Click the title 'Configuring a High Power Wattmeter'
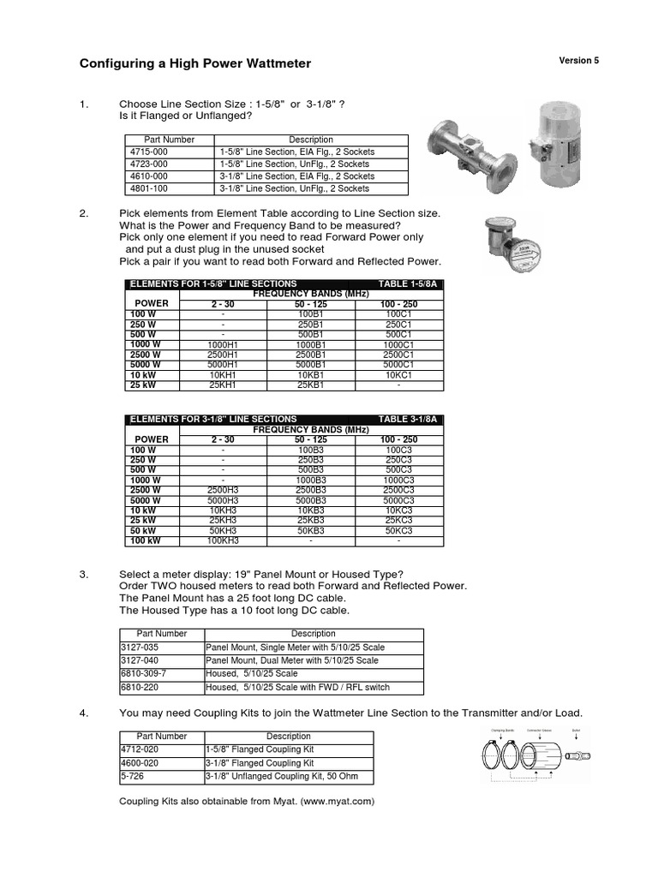click(195, 63)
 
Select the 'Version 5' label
click(579, 61)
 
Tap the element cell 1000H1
click(223, 343)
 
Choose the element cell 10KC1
click(399, 375)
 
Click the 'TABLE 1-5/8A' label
click(407, 283)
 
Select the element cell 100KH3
click(223, 541)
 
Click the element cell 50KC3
click(399, 531)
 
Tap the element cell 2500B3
click(311, 490)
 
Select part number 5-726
click(130, 776)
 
